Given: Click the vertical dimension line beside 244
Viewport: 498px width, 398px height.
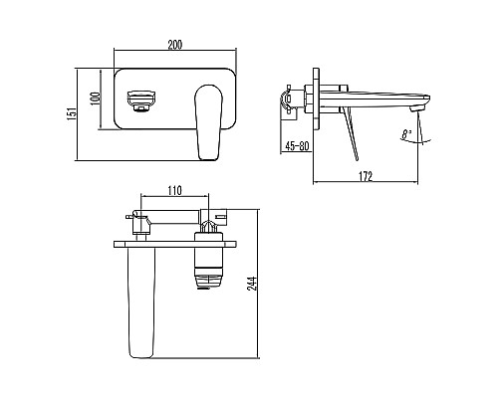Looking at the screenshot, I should [256, 298].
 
